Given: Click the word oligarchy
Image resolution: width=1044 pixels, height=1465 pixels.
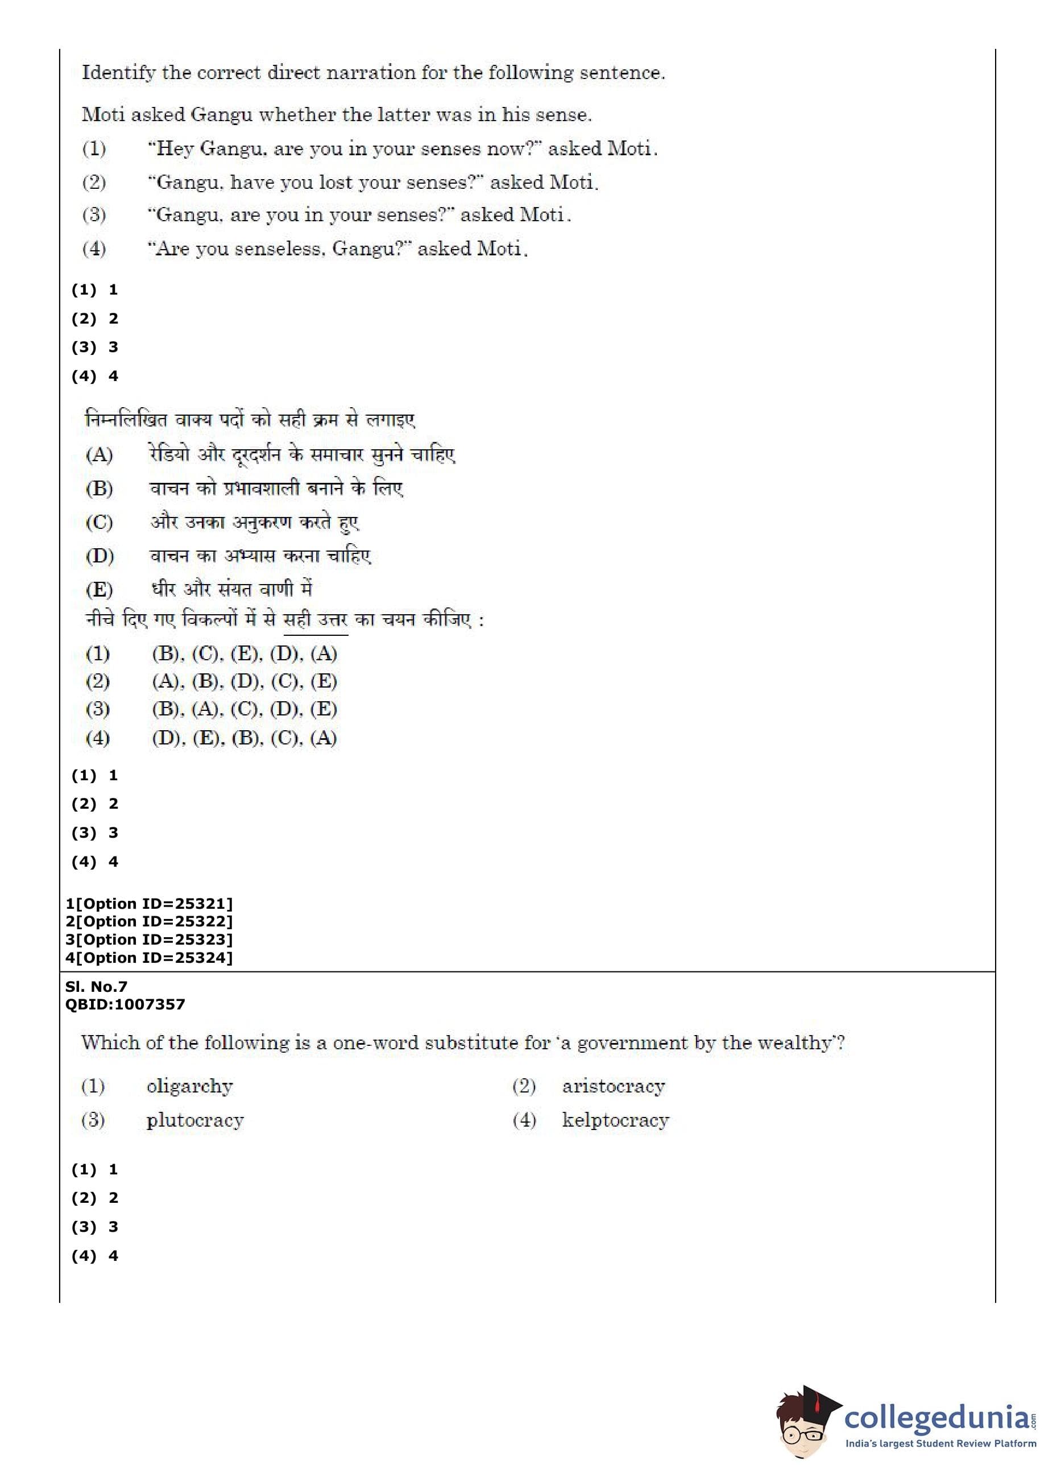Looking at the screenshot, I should [x=190, y=1086].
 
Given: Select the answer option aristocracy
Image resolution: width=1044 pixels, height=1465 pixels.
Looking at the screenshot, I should [x=614, y=1086].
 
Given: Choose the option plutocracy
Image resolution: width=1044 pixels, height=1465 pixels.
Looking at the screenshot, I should [x=195, y=1120].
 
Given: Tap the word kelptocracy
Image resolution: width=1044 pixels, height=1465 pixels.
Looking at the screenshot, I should [x=615, y=1120].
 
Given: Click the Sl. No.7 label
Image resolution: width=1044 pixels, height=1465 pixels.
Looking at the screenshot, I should [x=97, y=986].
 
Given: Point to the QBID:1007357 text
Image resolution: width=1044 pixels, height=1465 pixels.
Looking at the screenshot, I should [x=125, y=1004].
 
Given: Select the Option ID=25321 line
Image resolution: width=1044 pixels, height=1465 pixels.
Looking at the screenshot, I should [x=148, y=903].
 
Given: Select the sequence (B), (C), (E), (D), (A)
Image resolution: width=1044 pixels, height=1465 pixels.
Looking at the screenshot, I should [x=245, y=654].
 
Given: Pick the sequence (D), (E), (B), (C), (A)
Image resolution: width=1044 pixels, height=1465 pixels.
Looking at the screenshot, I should [x=245, y=738].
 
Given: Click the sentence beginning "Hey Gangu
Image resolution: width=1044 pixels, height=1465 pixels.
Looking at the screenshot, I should [x=402, y=148].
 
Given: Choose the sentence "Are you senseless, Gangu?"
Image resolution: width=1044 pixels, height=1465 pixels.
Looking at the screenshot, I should [x=338, y=248].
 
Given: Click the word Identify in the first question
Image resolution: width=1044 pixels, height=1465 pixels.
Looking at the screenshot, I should [x=118, y=73].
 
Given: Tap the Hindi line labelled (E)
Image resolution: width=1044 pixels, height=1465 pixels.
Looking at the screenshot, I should [x=231, y=589].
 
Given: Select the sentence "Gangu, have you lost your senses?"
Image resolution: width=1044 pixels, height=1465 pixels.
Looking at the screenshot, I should [x=373, y=183].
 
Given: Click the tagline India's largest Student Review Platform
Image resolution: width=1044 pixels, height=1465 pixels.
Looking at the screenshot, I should [x=940, y=1444].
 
